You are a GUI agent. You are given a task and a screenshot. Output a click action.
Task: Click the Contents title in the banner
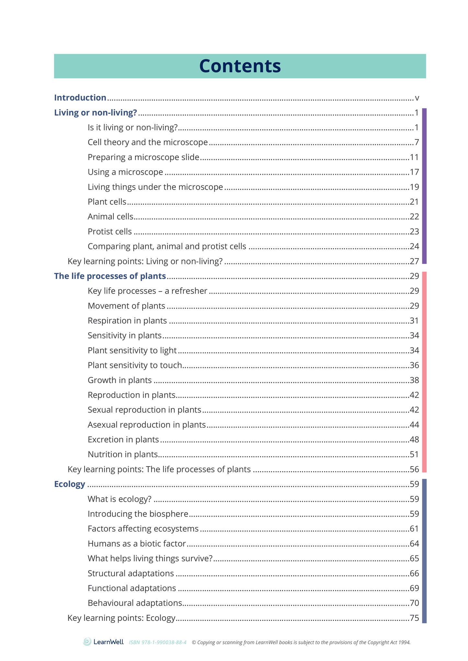pyautogui.click(x=240, y=66)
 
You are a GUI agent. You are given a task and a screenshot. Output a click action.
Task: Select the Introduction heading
pyautogui.click(x=80, y=98)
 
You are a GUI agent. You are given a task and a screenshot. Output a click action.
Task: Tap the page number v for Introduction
pyautogui.click(x=417, y=98)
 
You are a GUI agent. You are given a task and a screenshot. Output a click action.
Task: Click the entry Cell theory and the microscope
pyautogui.click(x=148, y=142)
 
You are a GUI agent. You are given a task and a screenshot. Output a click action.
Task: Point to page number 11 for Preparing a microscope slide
pyautogui.click(x=414, y=157)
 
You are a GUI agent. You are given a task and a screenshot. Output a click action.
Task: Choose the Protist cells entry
pyautogui.click(x=110, y=232)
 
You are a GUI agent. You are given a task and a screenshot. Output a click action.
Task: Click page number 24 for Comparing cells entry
pyautogui.click(x=414, y=247)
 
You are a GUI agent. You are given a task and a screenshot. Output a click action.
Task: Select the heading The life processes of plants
pyautogui.click(x=110, y=276)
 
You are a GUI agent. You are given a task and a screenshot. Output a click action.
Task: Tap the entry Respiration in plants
pyautogui.click(x=127, y=321)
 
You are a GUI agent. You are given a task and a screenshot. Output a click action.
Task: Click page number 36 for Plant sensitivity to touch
pyautogui.click(x=414, y=365)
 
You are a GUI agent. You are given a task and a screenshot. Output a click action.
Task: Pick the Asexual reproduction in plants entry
pyautogui.click(x=147, y=424)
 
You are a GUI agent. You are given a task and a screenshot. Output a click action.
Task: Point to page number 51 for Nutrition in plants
pyautogui.click(x=414, y=454)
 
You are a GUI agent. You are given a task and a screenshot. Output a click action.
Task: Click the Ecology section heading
pyautogui.click(x=70, y=484)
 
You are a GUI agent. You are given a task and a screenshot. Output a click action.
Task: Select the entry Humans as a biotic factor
pyautogui.click(x=137, y=544)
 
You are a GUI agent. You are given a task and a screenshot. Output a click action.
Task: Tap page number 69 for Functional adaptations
pyautogui.click(x=414, y=588)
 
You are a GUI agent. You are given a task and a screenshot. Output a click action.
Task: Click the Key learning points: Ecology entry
pyautogui.click(x=121, y=618)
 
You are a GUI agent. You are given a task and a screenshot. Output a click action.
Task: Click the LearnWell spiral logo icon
pyautogui.click(x=87, y=642)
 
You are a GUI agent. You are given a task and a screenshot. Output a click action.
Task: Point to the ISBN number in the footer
pyautogui.click(x=158, y=643)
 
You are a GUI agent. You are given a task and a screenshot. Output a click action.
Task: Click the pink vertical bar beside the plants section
pyautogui.click(x=424, y=372)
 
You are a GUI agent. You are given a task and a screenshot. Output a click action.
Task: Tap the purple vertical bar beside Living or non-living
pyautogui.click(x=424, y=186)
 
